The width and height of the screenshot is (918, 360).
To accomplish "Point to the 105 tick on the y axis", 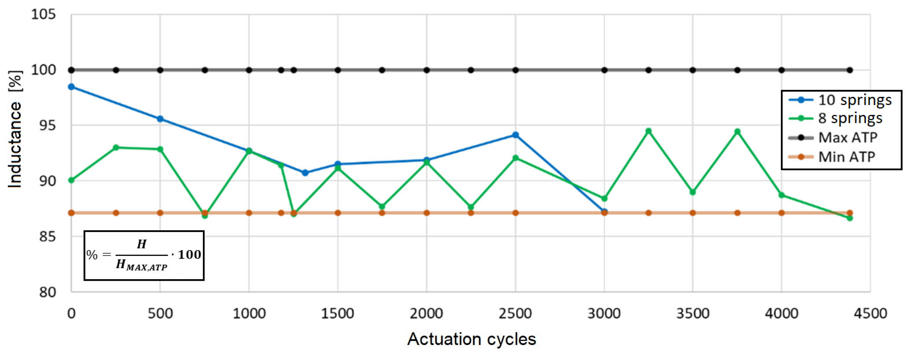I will coord(44,15).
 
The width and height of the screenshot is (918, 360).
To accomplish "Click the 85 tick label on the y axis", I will coord(48,236).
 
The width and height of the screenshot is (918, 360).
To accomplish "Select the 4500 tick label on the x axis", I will coord(870,314).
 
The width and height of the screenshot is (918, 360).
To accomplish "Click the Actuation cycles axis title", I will coord(471,339).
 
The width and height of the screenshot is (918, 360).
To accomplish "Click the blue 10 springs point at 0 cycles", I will coord(71,87).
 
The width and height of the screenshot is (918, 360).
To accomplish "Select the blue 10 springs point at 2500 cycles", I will coord(515,135).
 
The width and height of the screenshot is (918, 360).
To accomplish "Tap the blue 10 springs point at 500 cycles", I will coord(160,119).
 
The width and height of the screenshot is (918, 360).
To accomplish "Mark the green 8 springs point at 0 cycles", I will coord(71,180).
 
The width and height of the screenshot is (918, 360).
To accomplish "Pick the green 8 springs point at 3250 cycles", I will coord(649,131).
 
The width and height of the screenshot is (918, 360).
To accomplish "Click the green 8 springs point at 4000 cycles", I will coord(782,195).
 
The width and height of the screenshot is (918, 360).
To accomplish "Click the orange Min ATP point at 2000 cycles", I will coord(426,213).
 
